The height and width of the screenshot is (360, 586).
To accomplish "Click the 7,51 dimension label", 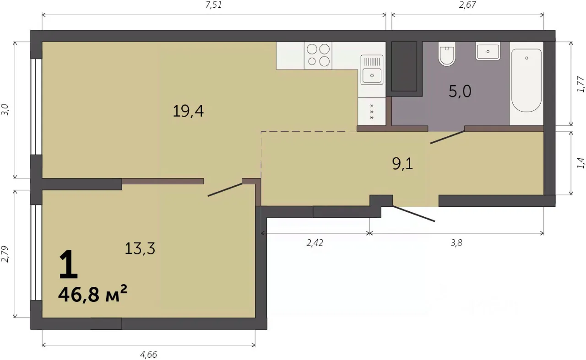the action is pyautogui.click(x=213, y=5).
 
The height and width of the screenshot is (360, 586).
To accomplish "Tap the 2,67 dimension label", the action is pyautogui.click(x=467, y=5).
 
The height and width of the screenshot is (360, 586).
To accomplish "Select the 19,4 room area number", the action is pyautogui.click(x=188, y=111).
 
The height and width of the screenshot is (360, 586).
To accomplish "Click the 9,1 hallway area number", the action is pyautogui.click(x=402, y=164).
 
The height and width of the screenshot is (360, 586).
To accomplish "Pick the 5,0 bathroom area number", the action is pyautogui.click(x=460, y=91).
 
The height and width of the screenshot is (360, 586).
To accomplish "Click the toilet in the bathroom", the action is pyautogui.click(x=447, y=54).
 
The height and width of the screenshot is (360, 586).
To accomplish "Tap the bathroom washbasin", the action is pyautogui.click(x=488, y=51).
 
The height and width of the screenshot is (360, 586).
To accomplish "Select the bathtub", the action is pyautogui.click(x=526, y=80).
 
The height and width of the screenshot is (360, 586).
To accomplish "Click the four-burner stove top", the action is pyautogui.click(x=318, y=55).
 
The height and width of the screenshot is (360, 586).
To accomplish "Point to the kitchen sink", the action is pyautogui.click(x=372, y=70).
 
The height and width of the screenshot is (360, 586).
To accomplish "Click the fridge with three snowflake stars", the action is pyautogui.click(x=371, y=112).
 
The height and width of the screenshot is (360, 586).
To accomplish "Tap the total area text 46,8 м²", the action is pyautogui.click(x=92, y=294).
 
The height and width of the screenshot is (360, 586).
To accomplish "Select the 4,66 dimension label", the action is pyautogui.click(x=148, y=355).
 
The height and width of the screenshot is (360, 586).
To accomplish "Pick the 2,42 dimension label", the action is pyautogui.click(x=315, y=243).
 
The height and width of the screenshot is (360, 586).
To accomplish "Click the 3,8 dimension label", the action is pyautogui.click(x=456, y=243).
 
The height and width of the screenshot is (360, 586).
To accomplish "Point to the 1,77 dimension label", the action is pyautogui.click(x=580, y=84).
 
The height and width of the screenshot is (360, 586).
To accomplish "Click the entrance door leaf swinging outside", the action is pyautogui.click(x=413, y=214).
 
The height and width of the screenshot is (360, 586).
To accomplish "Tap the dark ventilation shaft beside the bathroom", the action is pyautogui.click(x=404, y=66).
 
